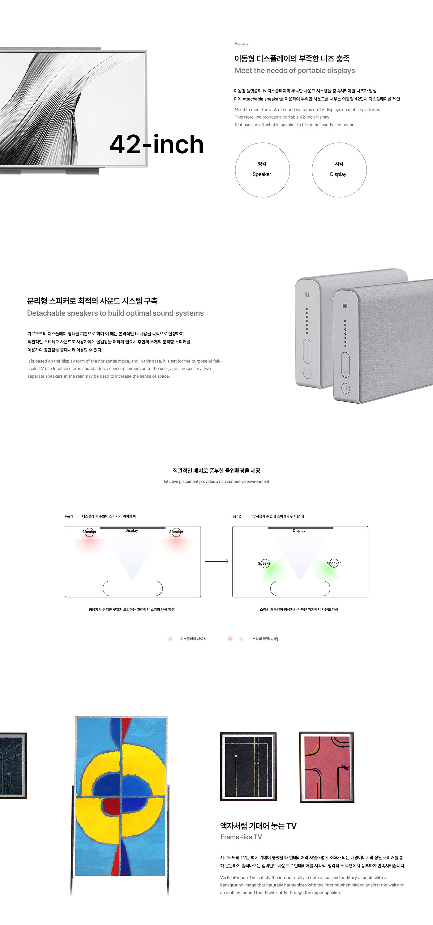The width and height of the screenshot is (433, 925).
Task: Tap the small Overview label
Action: point(241,44)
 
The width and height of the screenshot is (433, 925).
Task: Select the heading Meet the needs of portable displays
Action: point(295,71)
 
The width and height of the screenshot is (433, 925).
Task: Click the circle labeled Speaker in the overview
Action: point(262,170)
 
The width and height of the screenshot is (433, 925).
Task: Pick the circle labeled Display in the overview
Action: point(339,170)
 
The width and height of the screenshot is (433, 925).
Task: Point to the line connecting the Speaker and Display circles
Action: point(301,170)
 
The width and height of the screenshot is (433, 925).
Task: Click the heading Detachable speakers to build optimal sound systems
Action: point(115,313)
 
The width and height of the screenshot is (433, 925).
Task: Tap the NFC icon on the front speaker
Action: point(345,306)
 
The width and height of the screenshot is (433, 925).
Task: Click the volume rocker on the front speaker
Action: point(345,365)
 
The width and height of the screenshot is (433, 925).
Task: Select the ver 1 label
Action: point(69,516)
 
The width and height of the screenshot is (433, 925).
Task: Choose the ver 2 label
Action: point(236,516)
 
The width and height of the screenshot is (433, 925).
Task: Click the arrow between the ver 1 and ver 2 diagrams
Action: point(217,561)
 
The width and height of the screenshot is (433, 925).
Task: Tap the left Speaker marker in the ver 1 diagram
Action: point(89,532)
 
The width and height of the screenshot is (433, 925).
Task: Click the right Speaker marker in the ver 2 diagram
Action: point(334,563)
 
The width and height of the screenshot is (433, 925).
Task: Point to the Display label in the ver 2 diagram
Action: point(299,530)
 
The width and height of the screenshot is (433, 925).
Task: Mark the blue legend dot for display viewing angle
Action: point(170,639)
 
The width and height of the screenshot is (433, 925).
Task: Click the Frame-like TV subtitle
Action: point(241,837)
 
